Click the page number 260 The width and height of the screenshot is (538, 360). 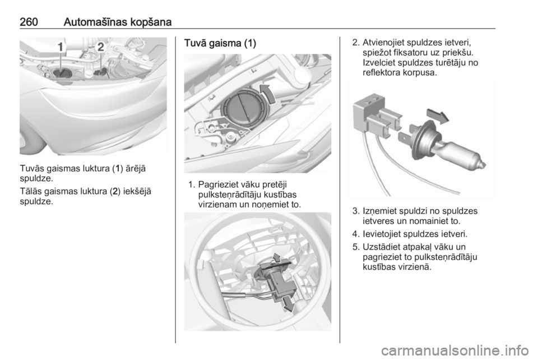pos(29,22)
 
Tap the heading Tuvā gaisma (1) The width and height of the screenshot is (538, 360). pos(220,43)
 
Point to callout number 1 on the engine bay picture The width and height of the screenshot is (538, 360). pos(61,47)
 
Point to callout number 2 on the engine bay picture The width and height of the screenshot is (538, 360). pos(100,47)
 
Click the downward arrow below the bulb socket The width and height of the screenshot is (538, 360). pos(288,303)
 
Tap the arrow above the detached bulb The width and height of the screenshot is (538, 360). pos(438,116)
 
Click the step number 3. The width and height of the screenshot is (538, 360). pos(356,211)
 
